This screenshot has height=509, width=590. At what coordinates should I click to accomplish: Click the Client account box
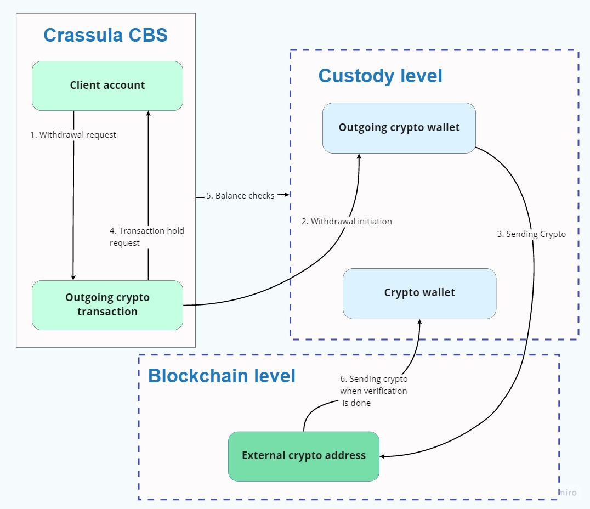[107, 86]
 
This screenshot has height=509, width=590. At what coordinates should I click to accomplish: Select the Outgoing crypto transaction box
[107, 305]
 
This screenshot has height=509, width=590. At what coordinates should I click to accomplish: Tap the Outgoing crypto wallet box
[399, 128]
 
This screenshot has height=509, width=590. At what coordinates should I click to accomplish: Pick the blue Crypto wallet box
[419, 293]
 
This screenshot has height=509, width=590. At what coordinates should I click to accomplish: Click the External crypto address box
[303, 456]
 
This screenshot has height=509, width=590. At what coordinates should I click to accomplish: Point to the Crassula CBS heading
[106, 35]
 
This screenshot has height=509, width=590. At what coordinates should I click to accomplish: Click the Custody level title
[380, 76]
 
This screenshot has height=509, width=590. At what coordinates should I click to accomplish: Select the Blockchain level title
[222, 376]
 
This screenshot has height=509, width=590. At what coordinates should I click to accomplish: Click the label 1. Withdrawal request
[73, 135]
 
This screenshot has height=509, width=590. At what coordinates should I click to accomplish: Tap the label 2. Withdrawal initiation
[347, 222]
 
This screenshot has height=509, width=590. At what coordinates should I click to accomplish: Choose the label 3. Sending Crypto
[531, 234]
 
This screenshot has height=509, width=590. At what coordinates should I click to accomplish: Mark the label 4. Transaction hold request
[147, 236]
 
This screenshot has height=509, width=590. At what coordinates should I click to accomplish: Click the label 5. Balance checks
[240, 196]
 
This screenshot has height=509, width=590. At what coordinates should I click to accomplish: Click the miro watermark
[568, 493]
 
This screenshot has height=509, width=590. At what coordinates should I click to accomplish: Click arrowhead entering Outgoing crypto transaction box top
[73, 277]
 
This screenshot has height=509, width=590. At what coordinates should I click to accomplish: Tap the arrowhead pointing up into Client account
[148, 114]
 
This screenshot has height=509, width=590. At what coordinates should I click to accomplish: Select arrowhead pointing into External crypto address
[383, 456]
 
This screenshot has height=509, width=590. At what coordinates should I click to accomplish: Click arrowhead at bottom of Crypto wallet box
[420, 322]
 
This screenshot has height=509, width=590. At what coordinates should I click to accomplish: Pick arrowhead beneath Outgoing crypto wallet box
[359, 156]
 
